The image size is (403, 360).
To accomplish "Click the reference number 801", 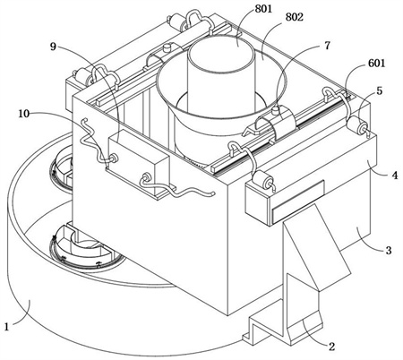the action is coord(263,8).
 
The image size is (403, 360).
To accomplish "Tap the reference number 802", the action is coord(295,17).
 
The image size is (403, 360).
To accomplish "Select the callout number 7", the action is coord(328,46).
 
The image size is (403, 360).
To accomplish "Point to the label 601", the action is coord(377,64).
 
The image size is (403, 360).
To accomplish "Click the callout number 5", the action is coord(380,90).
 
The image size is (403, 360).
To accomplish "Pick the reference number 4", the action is coord(395,176).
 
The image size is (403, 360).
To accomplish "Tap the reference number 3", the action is coord(389,250).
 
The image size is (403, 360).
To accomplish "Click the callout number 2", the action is coord(331,347).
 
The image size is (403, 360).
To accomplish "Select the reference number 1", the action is coord(7,326).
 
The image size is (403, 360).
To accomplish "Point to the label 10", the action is coord(24,114).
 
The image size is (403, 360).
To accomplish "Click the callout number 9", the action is coord(53,47).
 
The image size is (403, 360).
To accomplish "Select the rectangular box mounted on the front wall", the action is coord(139,163).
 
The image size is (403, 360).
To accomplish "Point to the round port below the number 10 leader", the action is coord(113,157).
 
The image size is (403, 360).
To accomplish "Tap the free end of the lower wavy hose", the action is coord(213,193).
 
